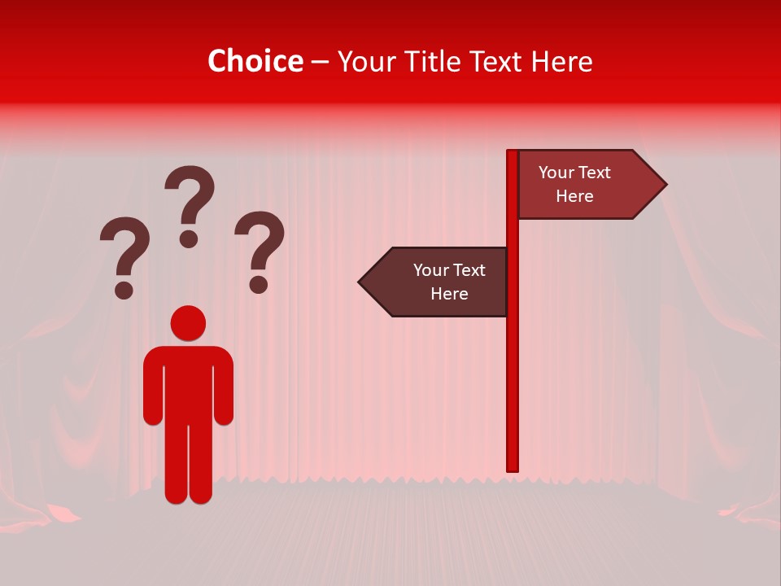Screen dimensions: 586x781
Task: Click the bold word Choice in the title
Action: (x=255, y=61)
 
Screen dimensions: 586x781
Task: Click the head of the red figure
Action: (x=188, y=323)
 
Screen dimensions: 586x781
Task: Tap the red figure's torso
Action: (x=188, y=383)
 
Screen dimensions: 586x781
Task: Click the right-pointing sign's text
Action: (x=574, y=184)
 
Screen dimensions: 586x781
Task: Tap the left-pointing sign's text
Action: (x=448, y=282)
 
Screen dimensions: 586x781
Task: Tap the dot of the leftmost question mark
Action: (x=124, y=289)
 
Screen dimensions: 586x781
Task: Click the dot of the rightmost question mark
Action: (x=259, y=284)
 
